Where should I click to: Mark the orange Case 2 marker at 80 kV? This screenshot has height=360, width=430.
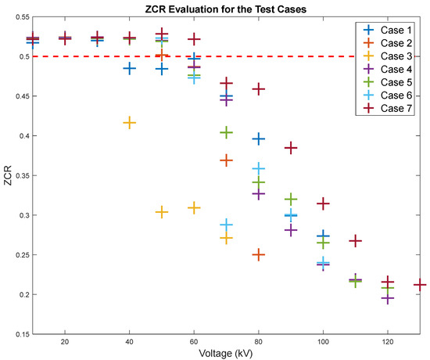coord(259,254)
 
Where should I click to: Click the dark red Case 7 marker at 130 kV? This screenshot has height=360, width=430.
coord(420,285)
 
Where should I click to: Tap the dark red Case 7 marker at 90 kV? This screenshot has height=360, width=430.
coord(291,148)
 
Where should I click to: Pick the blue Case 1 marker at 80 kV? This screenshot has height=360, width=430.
coord(259,139)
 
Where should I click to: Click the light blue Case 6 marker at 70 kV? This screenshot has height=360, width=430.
coord(226,225)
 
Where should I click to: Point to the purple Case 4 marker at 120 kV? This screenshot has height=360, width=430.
coord(388,298)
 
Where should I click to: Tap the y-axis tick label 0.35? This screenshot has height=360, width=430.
coord(17,175)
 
